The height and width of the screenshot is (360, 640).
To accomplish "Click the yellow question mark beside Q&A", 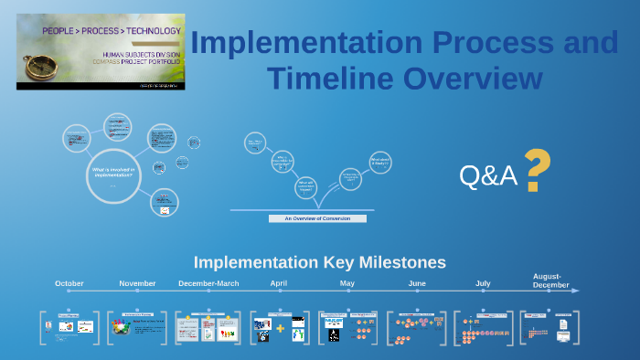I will point(538,172).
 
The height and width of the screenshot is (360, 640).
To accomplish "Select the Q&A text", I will point(488,176).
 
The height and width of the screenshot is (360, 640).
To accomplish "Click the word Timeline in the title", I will point(320,79).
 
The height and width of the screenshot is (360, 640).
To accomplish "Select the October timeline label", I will point(69,283).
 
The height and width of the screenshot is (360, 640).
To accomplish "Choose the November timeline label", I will point(138,283).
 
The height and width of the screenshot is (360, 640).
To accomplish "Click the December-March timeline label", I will point(208,283).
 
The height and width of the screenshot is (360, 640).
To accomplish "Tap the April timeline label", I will point(279,283).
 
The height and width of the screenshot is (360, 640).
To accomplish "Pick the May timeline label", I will point(347,283).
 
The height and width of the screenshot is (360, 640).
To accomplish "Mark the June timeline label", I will point(417,283).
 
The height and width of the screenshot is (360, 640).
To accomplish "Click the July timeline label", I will point(483,283).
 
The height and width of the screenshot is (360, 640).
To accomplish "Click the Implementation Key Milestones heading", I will point(319,262).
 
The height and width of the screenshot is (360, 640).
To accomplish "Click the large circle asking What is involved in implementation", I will point(112,175).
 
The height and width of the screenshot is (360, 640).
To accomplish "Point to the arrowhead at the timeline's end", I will point(575,291).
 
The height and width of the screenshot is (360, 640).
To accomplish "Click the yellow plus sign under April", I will point(281,327).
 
